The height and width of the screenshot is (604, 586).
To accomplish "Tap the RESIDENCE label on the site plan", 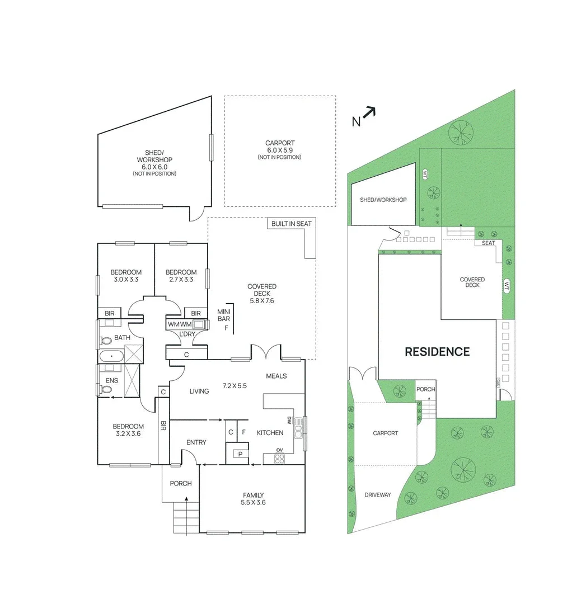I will (x=437, y=352).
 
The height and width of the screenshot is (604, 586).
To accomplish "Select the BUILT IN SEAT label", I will (x=291, y=224).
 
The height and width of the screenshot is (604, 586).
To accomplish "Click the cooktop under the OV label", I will (x=279, y=459).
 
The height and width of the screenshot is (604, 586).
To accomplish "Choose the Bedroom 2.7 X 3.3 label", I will (x=181, y=276).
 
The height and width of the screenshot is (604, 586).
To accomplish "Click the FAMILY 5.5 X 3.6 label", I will (x=253, y=498).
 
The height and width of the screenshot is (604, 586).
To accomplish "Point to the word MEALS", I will (x=276, y=376).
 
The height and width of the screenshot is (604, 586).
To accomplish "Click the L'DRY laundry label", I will (x=186, y=334).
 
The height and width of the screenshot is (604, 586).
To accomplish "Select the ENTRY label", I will (x=196, y=442).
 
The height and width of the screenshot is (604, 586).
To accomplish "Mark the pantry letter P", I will (x=240, y=454).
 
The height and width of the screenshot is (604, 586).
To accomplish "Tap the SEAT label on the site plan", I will (x=488, y=243).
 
